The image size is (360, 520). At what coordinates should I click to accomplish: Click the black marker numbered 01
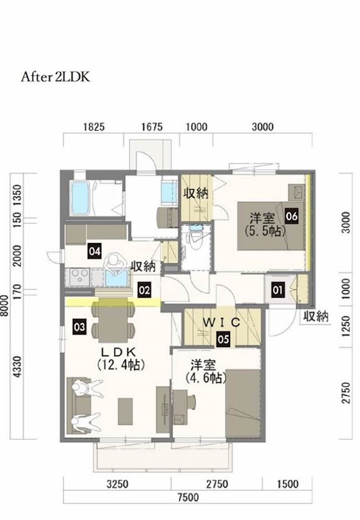point(277,290)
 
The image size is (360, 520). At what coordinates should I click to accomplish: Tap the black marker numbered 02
point(144,290)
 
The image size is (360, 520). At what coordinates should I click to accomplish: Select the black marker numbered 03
point(79,328)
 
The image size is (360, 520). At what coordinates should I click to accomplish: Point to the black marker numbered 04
point(94,251)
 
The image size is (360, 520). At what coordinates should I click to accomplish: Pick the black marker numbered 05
point(224,339)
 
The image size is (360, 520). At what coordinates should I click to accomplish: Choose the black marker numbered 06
point(292,216)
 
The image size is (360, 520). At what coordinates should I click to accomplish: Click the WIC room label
point(221,322)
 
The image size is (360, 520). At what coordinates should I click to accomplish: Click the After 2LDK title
point(55,77)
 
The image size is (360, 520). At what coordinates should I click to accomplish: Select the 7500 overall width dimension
point(188,497)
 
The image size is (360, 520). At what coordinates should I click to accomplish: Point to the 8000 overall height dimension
point(5,305)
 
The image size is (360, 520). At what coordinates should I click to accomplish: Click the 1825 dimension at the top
point(94,127)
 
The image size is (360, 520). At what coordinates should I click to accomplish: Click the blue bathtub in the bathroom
point(80,198)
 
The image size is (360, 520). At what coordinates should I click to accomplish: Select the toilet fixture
point(194,238)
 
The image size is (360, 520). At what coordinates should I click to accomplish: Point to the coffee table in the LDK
point(125,411)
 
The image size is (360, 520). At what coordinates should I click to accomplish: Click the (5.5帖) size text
point(265,231)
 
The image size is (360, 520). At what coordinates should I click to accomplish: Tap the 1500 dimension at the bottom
point(287,484)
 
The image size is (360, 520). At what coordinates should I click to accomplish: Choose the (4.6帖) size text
point(206,378)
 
